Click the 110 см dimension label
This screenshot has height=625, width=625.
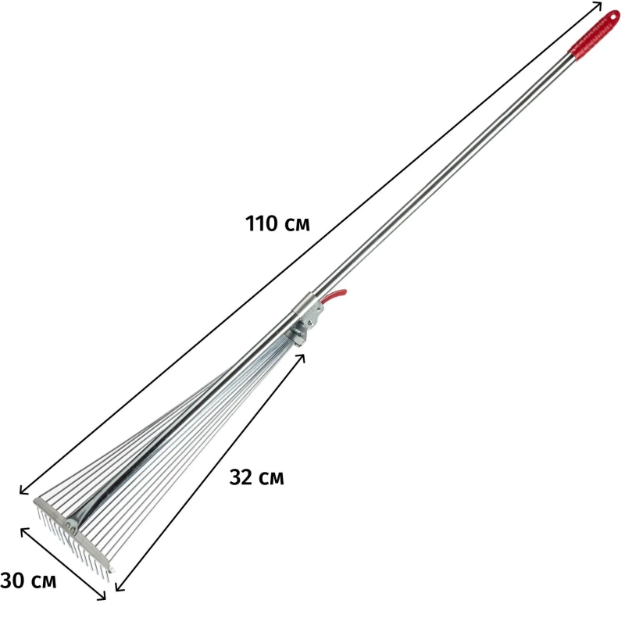[x=277, y=223]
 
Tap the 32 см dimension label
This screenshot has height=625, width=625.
[x=257, y=477]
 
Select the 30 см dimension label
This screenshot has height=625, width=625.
[x=28, y=580]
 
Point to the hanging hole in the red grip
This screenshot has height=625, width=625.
[x=612, y=17]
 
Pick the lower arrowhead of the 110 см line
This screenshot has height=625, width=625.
[x=24, y=491]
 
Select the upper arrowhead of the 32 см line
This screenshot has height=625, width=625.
[x=302, y=357]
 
